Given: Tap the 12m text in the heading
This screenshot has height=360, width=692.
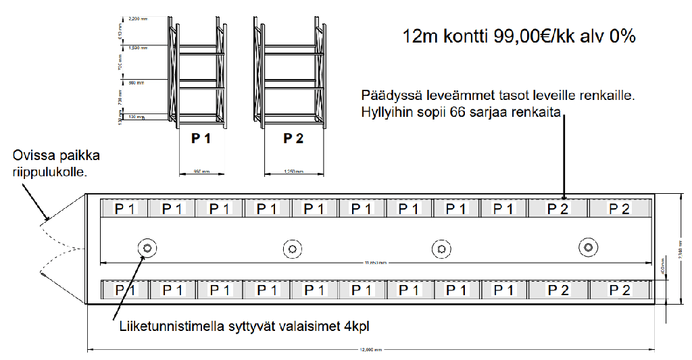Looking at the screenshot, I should (419, 36).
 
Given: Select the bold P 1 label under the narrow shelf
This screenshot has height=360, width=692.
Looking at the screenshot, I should (201, 139).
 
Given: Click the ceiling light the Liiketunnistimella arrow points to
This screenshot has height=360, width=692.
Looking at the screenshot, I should (145, 248).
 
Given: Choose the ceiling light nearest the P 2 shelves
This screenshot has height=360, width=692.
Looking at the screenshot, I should (588, 248).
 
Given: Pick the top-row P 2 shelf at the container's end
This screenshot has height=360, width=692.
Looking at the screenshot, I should (619, 209).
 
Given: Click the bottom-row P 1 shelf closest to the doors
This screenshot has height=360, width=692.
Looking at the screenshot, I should (124, 290).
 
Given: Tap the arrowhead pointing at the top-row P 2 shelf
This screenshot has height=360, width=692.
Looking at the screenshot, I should (563, 195).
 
